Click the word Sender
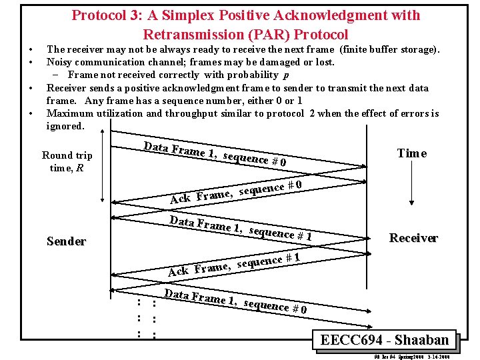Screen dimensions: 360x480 coord(67,241)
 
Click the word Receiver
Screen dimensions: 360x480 coord(413,238)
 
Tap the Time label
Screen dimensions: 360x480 coord(411,153)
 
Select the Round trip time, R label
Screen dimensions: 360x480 coord(67,161)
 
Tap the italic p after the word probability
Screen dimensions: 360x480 coord(286,75)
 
